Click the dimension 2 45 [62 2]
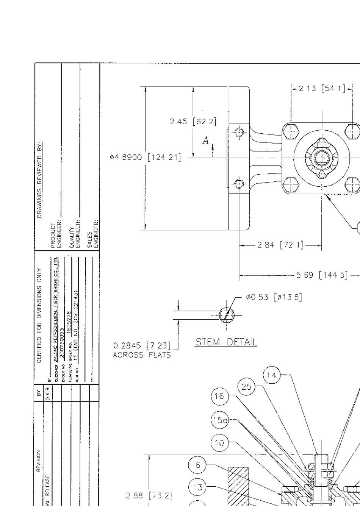(x=193, y=122)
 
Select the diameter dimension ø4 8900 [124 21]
(x=145, y=157)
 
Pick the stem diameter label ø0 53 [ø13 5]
(x=274, y=297)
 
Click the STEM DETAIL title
(x=226, y=342)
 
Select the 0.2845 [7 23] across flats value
(x=142, y=346)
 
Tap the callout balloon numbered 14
(x=272, y=375)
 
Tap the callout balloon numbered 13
(x=197, y=487)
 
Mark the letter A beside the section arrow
(x=205, y=141)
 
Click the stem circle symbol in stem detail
(x=227, y=315)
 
